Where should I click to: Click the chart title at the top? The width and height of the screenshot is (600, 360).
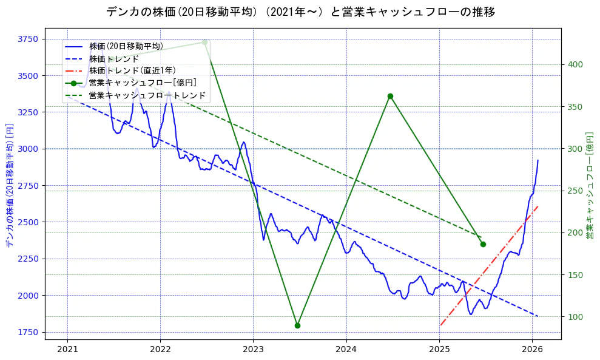[x=300, y=12]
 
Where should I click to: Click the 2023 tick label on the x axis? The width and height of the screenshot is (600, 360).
[x=253, y=349]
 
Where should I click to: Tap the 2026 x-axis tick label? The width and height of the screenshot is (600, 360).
[x=532, y=349]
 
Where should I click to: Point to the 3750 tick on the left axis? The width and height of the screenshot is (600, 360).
[x=26, y=39]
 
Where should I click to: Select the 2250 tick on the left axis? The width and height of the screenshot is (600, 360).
[x=26, y=259]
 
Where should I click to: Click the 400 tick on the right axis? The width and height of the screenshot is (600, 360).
[x=575, y=65]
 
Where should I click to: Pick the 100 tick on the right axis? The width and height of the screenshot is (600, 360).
[x=575, y=317]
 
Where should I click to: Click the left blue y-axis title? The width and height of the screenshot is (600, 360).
[x=9, y=185]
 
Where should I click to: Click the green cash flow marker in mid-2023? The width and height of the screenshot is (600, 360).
[x=297, y=325]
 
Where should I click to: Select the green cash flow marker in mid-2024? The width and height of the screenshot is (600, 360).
[x=390, y=96]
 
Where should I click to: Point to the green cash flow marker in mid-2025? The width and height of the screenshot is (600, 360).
[x=483, y=244]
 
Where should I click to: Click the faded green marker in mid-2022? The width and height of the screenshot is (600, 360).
[x=204, y=42]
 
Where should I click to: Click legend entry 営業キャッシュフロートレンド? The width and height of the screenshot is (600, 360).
[x=147, y=95]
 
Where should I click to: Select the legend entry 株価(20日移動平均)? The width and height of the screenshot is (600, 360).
[x=126, y=46]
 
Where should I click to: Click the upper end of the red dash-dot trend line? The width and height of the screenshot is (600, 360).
[x=538, y=206]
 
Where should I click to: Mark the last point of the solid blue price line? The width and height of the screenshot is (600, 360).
[x=538, y=160]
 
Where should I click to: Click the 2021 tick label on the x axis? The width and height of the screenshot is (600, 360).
[x=67, y=349]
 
